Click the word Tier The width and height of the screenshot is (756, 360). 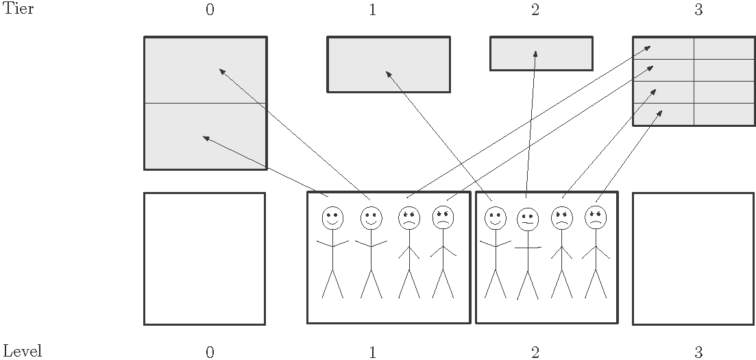(19, 10)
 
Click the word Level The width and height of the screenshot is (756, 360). (23, 352)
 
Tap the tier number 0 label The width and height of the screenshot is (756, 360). (210, 10)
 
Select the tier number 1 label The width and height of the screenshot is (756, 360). (372, 10)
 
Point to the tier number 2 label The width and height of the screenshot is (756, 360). (535, 10)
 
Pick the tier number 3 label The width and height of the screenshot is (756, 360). (698, 10)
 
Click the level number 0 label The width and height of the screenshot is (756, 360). (210, 352)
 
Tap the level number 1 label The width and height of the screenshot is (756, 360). (372, 352)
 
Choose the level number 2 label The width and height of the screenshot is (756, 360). (535, 352)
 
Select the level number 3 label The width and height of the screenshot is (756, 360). (698, 352)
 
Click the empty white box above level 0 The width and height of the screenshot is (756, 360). (204, 259)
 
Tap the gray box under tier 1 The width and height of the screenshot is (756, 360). (389, 64)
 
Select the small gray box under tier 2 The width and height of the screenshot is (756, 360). (541, 53)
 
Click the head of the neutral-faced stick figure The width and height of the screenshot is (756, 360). (527, 219)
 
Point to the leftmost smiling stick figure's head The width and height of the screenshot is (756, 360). (332, 218)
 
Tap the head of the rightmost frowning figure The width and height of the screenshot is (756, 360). (596, 217)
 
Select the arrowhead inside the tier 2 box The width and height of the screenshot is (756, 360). (535, 52)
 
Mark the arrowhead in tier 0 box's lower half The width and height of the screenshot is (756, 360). (205, 138)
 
